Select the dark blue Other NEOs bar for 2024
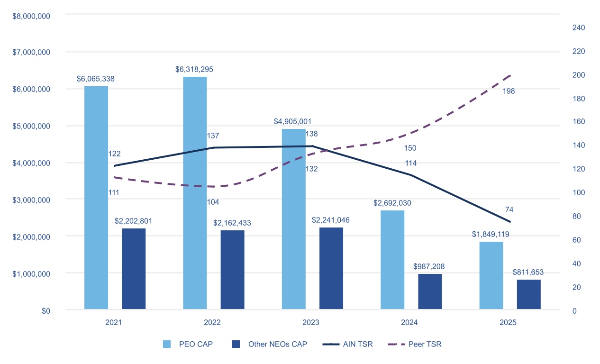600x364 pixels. (x=430, y=291)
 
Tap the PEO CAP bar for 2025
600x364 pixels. (x=491, y=275)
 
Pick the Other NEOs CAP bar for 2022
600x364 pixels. (x=232, y=270)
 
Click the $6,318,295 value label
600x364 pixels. (x=194, y=69)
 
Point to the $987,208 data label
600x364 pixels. (x=429, y=266)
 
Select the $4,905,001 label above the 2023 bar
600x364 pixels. (x=292, y=121)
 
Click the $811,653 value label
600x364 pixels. (x=528, y=272)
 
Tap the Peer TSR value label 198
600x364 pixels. (x=509, y=91)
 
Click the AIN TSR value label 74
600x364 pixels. (x=509, y=209)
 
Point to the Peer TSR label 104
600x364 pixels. (x=213, y=202)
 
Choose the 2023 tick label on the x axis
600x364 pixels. (x=311, y=322)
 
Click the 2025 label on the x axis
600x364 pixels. (x=508, y=322)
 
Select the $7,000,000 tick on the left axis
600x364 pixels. (x=31, y=52)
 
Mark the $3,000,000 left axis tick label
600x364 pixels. (x=31, y=200)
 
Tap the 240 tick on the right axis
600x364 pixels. (x=579, y=27)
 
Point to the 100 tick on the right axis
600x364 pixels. (x=579, y=192)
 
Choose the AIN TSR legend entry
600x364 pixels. (x=348, y=344)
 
